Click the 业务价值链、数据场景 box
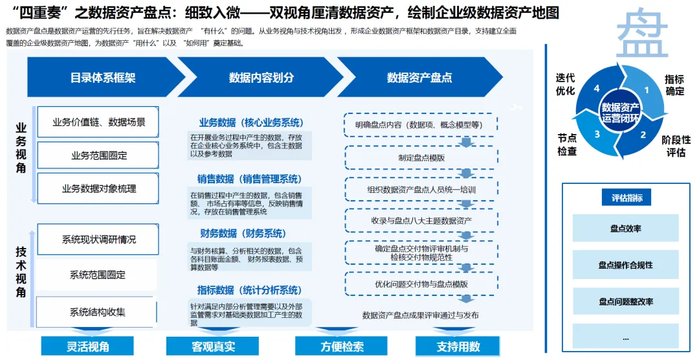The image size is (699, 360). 98,122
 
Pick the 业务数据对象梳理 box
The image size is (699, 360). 98,188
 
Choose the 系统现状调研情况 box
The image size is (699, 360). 98,240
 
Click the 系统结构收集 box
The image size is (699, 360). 98,312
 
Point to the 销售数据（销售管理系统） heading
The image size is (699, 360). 250,179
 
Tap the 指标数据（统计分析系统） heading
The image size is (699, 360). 250,290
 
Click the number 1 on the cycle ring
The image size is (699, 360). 645,90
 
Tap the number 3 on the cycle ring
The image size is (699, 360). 597,134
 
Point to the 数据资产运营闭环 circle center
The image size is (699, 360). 621,112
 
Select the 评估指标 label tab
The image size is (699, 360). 627,198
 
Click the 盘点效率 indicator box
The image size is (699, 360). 625,229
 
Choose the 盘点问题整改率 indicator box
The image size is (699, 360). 625,302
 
